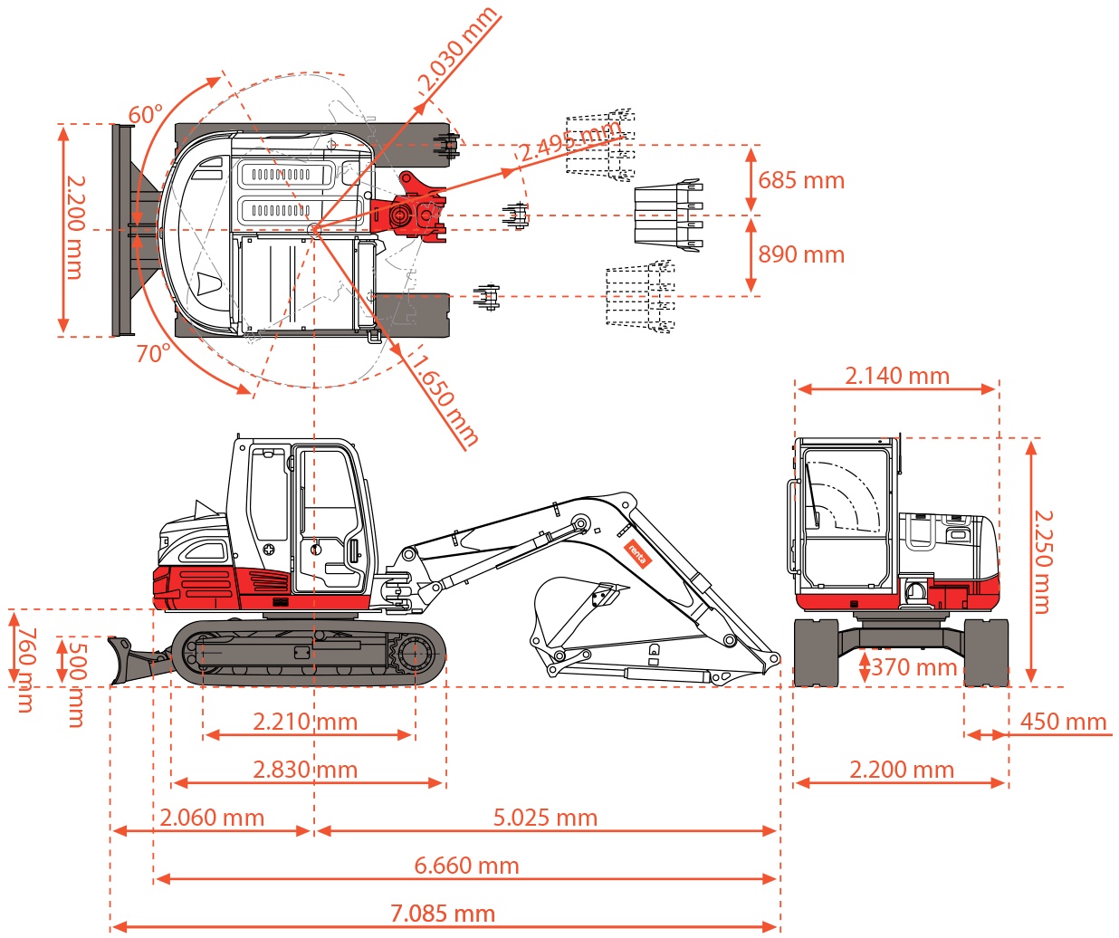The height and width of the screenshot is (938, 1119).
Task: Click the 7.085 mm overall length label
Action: (443, 914)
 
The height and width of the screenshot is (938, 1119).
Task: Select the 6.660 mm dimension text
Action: (466, 866)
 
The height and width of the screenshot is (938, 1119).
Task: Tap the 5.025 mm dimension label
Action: (545, 818)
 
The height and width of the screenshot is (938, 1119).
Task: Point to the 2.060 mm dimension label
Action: (212, 818)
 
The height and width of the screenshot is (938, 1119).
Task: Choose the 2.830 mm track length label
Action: (305, 770)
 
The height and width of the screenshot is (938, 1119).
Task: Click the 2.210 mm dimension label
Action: (305, 722)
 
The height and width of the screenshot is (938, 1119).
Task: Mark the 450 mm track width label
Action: (1063, 722)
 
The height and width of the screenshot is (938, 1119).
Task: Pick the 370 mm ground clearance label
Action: (913, 667)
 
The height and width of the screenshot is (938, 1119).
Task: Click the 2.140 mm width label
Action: (896, 376)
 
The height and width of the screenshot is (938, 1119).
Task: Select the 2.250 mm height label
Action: (1043, 561)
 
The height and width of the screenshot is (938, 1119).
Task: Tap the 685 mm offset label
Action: (801, 180)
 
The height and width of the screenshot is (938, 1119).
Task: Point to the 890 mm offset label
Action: (801, 254)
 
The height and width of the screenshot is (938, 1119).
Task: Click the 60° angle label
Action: (145, 115)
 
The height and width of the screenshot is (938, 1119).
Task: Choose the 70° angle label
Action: (153, 353)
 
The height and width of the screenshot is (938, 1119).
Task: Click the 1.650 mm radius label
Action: (444, 398)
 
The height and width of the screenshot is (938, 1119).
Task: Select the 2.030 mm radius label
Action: (457, 50)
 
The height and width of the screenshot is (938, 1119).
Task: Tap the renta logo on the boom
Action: (637, 554)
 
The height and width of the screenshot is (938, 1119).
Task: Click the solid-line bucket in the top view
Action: (668, 215)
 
